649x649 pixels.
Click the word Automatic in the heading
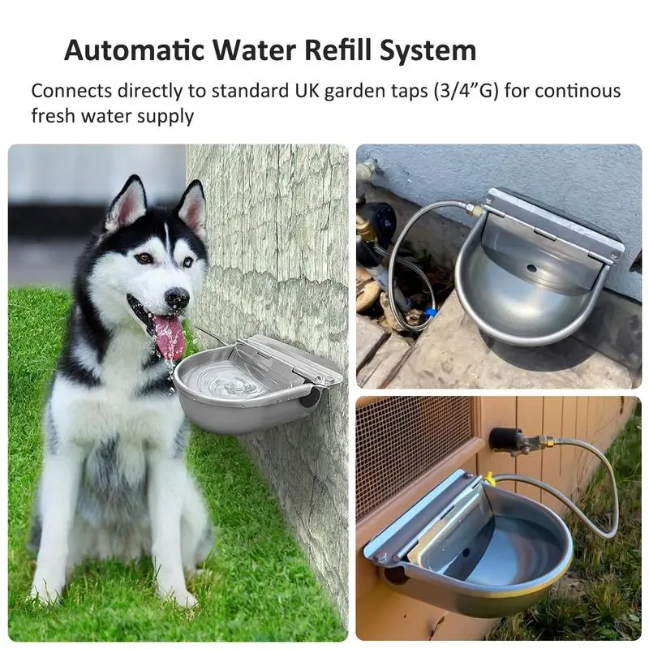pyautogui.click(x=135, y=49)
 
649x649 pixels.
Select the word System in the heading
pyautogui.click(x=428, y=50)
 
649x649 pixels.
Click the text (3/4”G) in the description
pyautogui.click(x=466, y=91)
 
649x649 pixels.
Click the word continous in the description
pyautogui.click(x=578, y=91)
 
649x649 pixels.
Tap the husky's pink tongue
pyautogui.click(x=169, y=337)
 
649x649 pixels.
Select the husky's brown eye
pyautogui.click(x=145, y=258)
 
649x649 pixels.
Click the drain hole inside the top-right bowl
pyautogui.click(x=532, y=269)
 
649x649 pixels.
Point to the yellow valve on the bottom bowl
pyautogui.click(x=489, y=479)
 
